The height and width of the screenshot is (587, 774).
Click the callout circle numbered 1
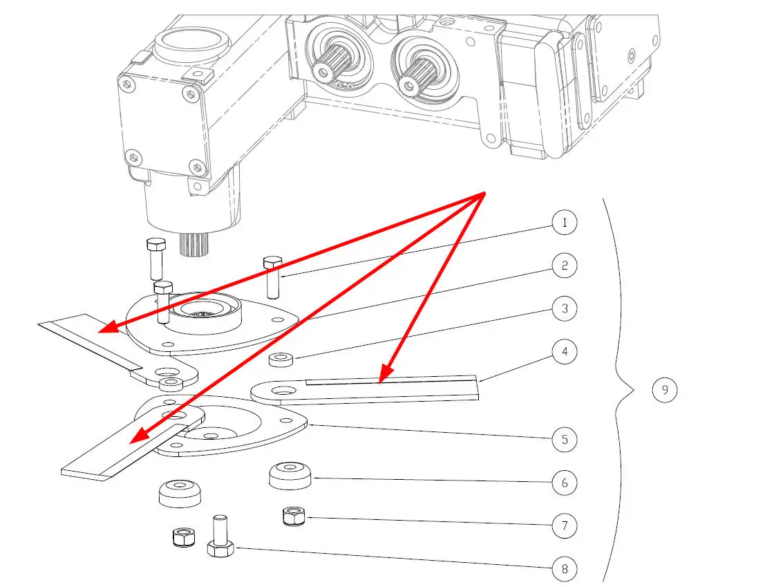click(565, 223)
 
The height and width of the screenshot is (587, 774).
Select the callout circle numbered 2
click(565, 265)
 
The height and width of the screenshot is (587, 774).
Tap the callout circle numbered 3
click(565, 308)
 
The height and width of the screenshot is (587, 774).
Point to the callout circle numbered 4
click(565, 352)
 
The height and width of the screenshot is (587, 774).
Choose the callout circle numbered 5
click(565, 439)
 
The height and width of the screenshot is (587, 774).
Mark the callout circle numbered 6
click(565, 483)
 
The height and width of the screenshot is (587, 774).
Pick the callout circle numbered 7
click(565, 525)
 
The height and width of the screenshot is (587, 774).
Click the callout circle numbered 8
click(565, 569)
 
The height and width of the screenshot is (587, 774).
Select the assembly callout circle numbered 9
click(665, 391)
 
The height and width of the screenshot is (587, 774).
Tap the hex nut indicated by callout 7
click(294, 516)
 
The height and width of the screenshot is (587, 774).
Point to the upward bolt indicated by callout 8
click(220, 537)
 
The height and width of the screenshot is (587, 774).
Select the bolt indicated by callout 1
click(272, 274)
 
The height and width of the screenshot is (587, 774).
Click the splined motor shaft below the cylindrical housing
click(194, 243)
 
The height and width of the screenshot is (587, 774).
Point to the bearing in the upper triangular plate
click(203, 309)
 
